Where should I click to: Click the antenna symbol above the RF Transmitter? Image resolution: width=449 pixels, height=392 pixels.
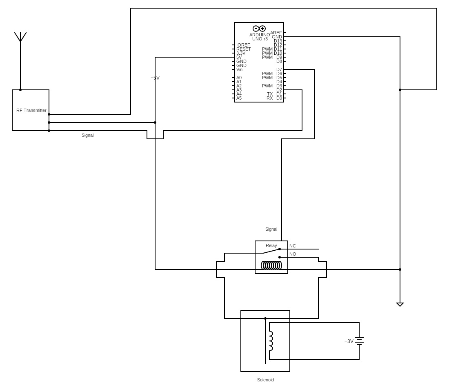point(20,38)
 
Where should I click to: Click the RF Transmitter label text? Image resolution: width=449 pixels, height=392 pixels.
point(31,110)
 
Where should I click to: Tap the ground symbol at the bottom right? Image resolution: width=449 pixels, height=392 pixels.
point(400,304)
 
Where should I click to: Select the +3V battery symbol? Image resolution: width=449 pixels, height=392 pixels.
point(359,341)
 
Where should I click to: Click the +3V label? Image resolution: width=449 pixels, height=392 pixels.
point(349,341)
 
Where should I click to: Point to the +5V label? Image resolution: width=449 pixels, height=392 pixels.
point(155,78)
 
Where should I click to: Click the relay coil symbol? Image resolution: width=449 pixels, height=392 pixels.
point(271,265)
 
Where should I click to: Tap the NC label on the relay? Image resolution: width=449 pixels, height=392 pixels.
point(293,246)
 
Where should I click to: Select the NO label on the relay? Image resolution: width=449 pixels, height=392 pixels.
point(293,254)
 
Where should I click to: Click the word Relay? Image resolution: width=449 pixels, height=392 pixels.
point(271,245)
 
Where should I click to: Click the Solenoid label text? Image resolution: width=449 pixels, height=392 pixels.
point(265,380)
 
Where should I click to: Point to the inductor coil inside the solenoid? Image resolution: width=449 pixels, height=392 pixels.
point(271,341)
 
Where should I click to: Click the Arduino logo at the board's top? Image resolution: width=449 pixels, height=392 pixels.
point(259,29)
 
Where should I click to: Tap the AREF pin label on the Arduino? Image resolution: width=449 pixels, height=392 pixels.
point(276,33)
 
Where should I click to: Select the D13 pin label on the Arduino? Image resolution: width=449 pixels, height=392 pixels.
point(278,41)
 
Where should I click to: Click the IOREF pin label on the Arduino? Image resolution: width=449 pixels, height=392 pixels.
point(243,45)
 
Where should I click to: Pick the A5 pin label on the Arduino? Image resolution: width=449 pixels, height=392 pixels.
point(239,98)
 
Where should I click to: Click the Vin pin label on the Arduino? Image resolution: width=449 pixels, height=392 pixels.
point(239,69)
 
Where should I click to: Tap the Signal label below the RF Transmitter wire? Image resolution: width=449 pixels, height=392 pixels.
point(87,135)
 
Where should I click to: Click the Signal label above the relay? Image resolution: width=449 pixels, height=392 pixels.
point(271,229)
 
